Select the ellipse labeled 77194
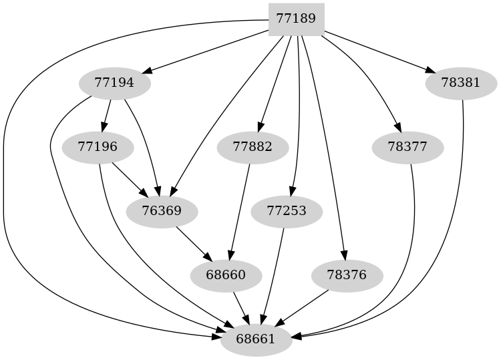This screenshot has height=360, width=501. [114, 84]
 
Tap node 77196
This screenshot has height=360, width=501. [98, 147]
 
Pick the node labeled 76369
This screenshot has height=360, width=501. [162, 212]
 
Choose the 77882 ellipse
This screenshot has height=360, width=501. [253, 147]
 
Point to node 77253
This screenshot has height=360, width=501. [287, 212]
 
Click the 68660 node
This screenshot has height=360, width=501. [226, 275]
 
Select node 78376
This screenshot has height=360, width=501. [347, 275]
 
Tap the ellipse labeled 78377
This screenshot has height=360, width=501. [407, 147]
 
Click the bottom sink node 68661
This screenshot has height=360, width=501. [256, 339]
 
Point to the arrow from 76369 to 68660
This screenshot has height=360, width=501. [194, 243]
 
